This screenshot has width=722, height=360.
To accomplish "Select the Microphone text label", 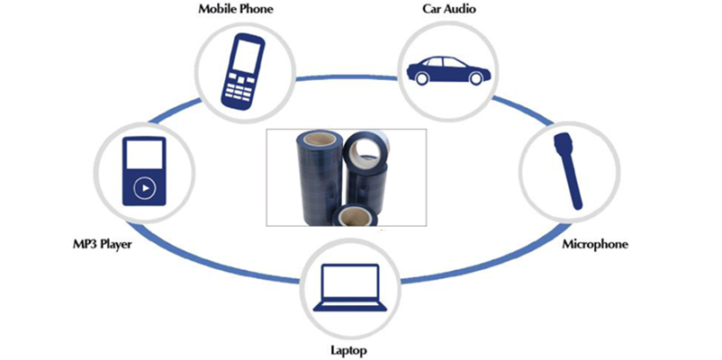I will (594, 243).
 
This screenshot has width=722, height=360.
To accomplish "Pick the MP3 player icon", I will (144, 172).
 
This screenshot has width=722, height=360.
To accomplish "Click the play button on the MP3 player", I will (144, 188).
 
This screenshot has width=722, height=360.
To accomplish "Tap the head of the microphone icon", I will (561, 143).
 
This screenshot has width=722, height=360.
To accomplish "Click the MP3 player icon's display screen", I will (144, 155).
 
